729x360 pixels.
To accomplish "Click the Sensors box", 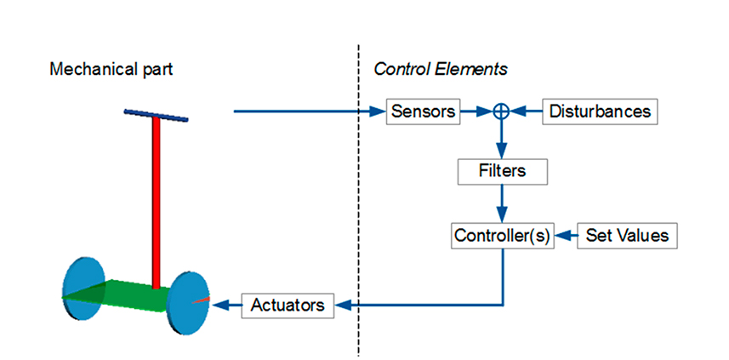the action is (423, 111).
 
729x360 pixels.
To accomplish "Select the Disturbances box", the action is (600, 111).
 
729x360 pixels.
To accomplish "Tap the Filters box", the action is (502, 171).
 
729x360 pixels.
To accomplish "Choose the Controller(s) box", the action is (502, 236).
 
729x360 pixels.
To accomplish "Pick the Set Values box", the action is (627, 236).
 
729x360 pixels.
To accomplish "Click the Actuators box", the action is (288, 306).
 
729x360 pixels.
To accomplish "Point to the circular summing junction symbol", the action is (502, 111).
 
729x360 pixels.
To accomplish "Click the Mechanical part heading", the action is (111, 70).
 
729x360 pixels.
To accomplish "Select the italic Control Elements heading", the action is (441, 70).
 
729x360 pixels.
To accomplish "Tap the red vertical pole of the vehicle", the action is (156, 203).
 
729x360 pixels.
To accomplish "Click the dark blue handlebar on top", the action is (157, 116).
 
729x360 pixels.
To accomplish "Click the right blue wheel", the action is (188, 302).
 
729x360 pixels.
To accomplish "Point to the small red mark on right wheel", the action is (201, 300).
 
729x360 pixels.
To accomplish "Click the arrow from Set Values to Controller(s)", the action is (567, 236).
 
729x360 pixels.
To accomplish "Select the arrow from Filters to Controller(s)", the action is (502, 203).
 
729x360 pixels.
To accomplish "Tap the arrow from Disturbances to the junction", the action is (526, 111).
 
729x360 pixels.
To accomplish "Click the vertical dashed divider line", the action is (358, 200).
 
